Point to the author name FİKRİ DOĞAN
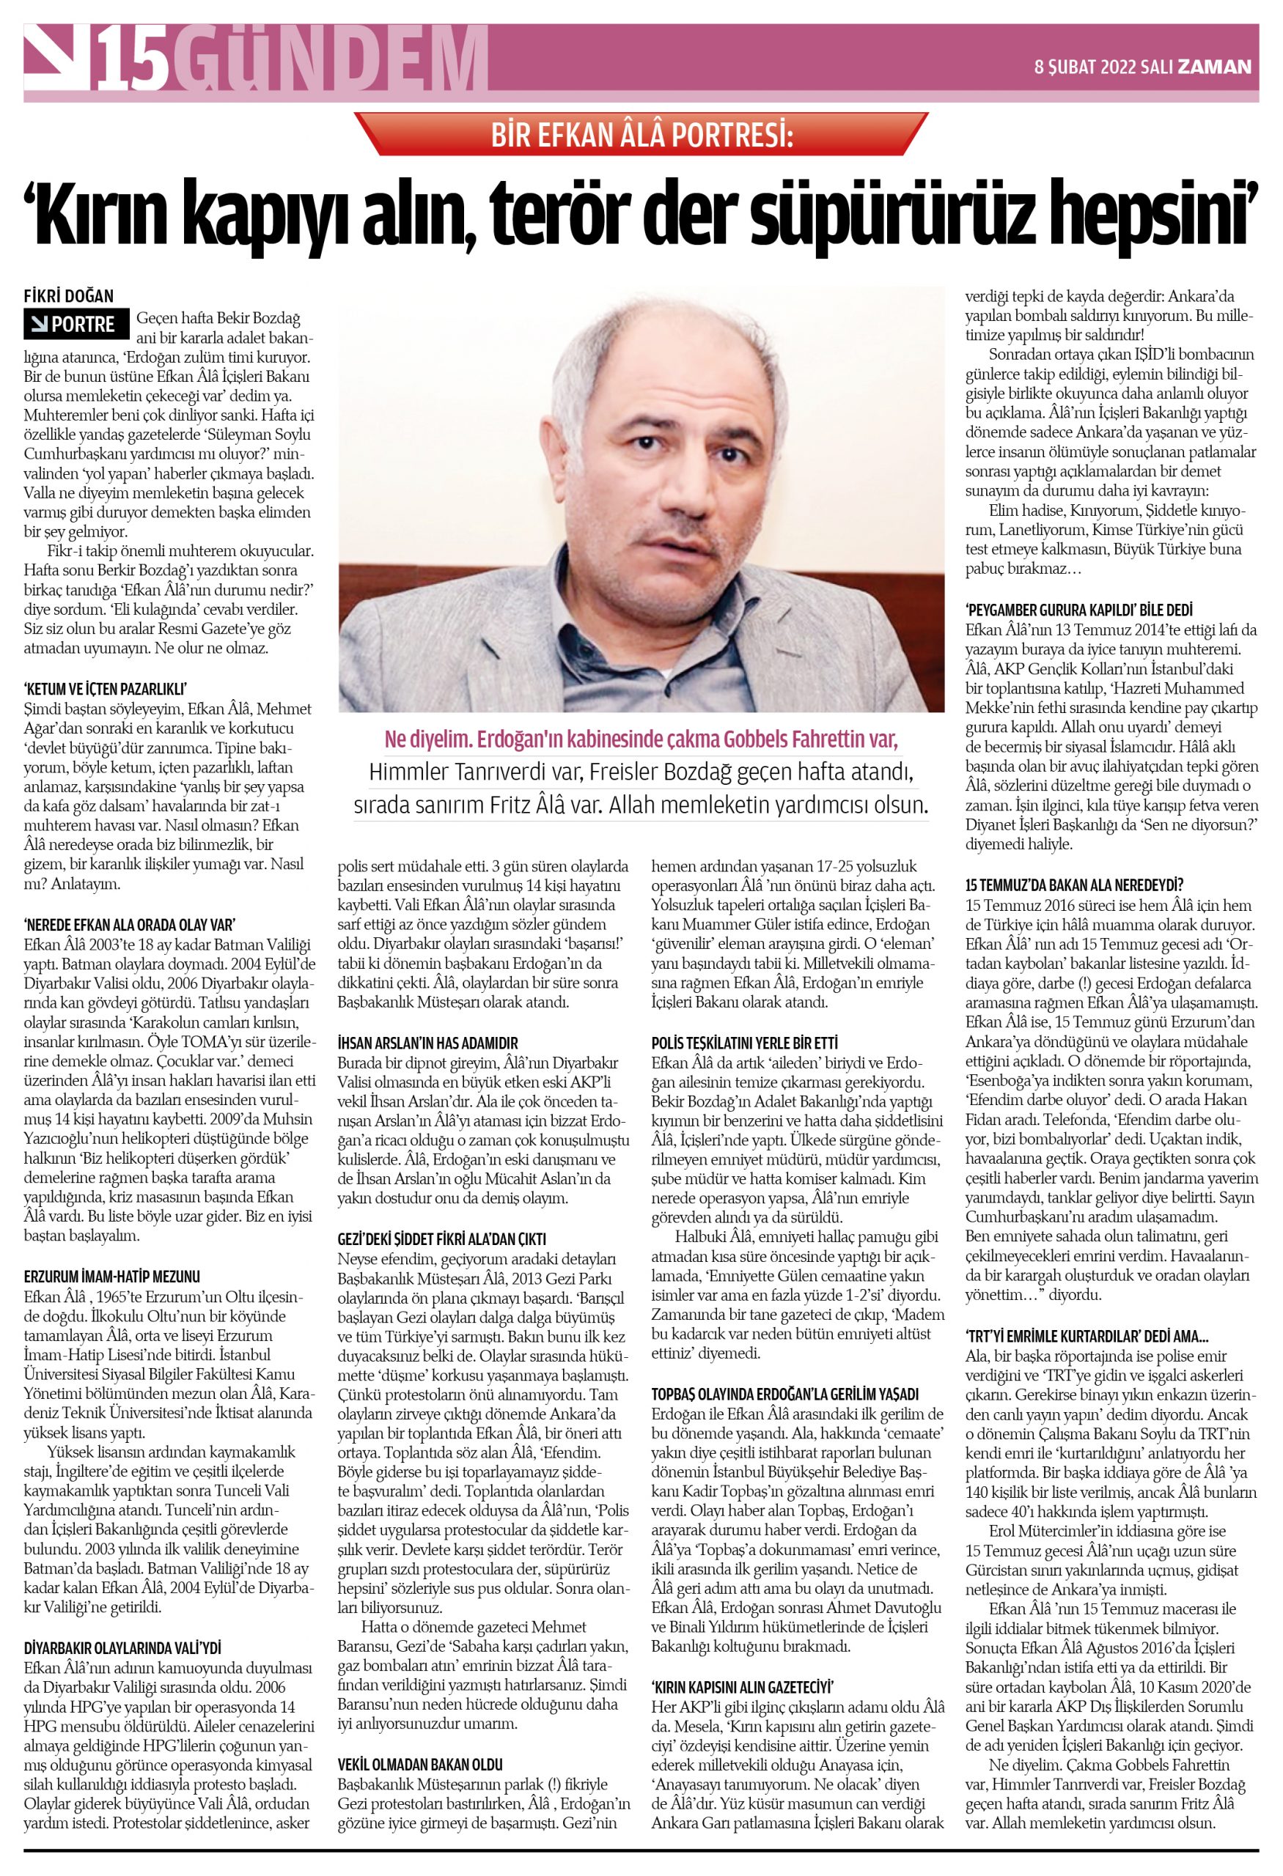69,296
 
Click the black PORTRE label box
76,325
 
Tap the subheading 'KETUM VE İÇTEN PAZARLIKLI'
105,689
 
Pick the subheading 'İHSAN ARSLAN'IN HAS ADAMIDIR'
428,1043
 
